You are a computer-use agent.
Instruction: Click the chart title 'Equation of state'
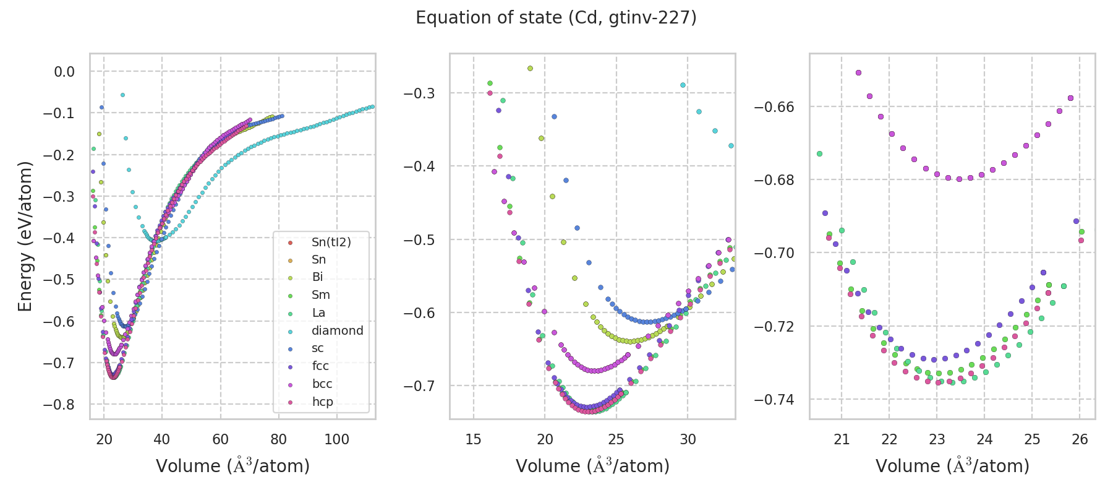(x=556, y=18)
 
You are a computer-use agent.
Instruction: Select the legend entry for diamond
(x=337, y=330)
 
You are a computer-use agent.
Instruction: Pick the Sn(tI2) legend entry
(x=331, y=242)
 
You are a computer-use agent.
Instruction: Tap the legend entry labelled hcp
(x=322, y=402)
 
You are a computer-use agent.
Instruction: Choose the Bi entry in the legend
(x=317, y=277)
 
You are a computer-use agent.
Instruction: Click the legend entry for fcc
(x=320, y=366)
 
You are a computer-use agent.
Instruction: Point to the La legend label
(x=318, y=313)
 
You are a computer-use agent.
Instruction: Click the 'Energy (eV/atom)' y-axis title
(x=25, y=236)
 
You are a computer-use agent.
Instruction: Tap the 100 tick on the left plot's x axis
(x=337, y=439)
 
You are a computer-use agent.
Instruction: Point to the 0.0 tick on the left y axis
(x=64, y=72)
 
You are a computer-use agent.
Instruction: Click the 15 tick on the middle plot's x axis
(x=474, y=439)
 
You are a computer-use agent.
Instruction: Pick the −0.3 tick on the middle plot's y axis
(x=419, y=93)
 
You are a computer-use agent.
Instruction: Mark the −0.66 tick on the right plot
(x=774, y=107)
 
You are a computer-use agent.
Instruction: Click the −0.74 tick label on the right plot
(x=774, y=400)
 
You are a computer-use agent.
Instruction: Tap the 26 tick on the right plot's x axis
(x=1080, y=439)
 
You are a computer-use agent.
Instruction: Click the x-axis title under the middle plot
(x=592, y=466)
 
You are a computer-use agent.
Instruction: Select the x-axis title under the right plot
(x=952, y=466)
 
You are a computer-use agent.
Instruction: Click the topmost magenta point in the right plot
(x=858, y=72)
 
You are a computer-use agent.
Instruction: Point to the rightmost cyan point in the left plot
(x=372, y=107)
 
